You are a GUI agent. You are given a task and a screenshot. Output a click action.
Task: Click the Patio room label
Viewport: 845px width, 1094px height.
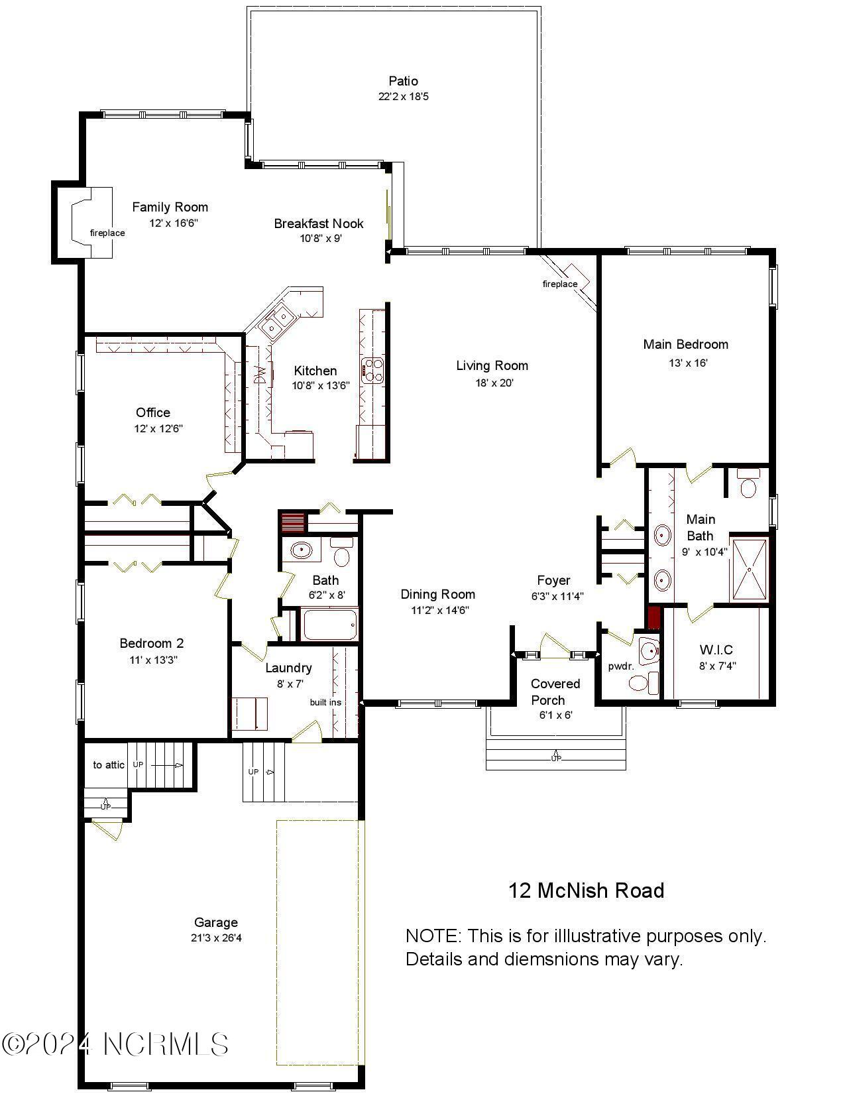tap(403, 81)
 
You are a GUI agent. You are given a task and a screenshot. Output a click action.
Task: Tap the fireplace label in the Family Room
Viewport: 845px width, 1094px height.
tap(107, 233)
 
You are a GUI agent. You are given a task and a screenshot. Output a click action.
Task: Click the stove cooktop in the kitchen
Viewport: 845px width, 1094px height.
tap(372, 370)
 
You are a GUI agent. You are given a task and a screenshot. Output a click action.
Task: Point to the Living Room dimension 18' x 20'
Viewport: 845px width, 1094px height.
tap(492, 383)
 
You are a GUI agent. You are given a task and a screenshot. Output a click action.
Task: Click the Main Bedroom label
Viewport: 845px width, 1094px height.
tap(685, 344)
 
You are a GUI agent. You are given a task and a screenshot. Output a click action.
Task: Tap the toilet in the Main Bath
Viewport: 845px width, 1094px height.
tap(748, 485)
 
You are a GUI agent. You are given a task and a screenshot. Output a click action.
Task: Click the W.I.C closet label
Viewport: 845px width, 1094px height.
tap(716, 650)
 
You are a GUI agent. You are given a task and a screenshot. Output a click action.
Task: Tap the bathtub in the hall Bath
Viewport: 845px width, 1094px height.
tap(329, 625)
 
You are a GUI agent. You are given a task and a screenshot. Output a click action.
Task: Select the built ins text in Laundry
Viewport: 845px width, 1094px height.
tap(325, 702)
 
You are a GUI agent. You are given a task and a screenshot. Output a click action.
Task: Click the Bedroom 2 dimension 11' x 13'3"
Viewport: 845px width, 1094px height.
tap(153, 660)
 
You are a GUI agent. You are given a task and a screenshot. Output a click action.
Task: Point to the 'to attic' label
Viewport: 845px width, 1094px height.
tap(109, 764)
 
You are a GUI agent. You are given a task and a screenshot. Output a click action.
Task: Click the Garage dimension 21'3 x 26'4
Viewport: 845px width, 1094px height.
tap(215, 938)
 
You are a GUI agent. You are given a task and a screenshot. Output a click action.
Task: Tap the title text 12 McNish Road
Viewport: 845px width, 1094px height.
tap(586, 890)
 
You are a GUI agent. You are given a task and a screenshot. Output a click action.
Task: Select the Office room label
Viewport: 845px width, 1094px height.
tap(153, 412)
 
